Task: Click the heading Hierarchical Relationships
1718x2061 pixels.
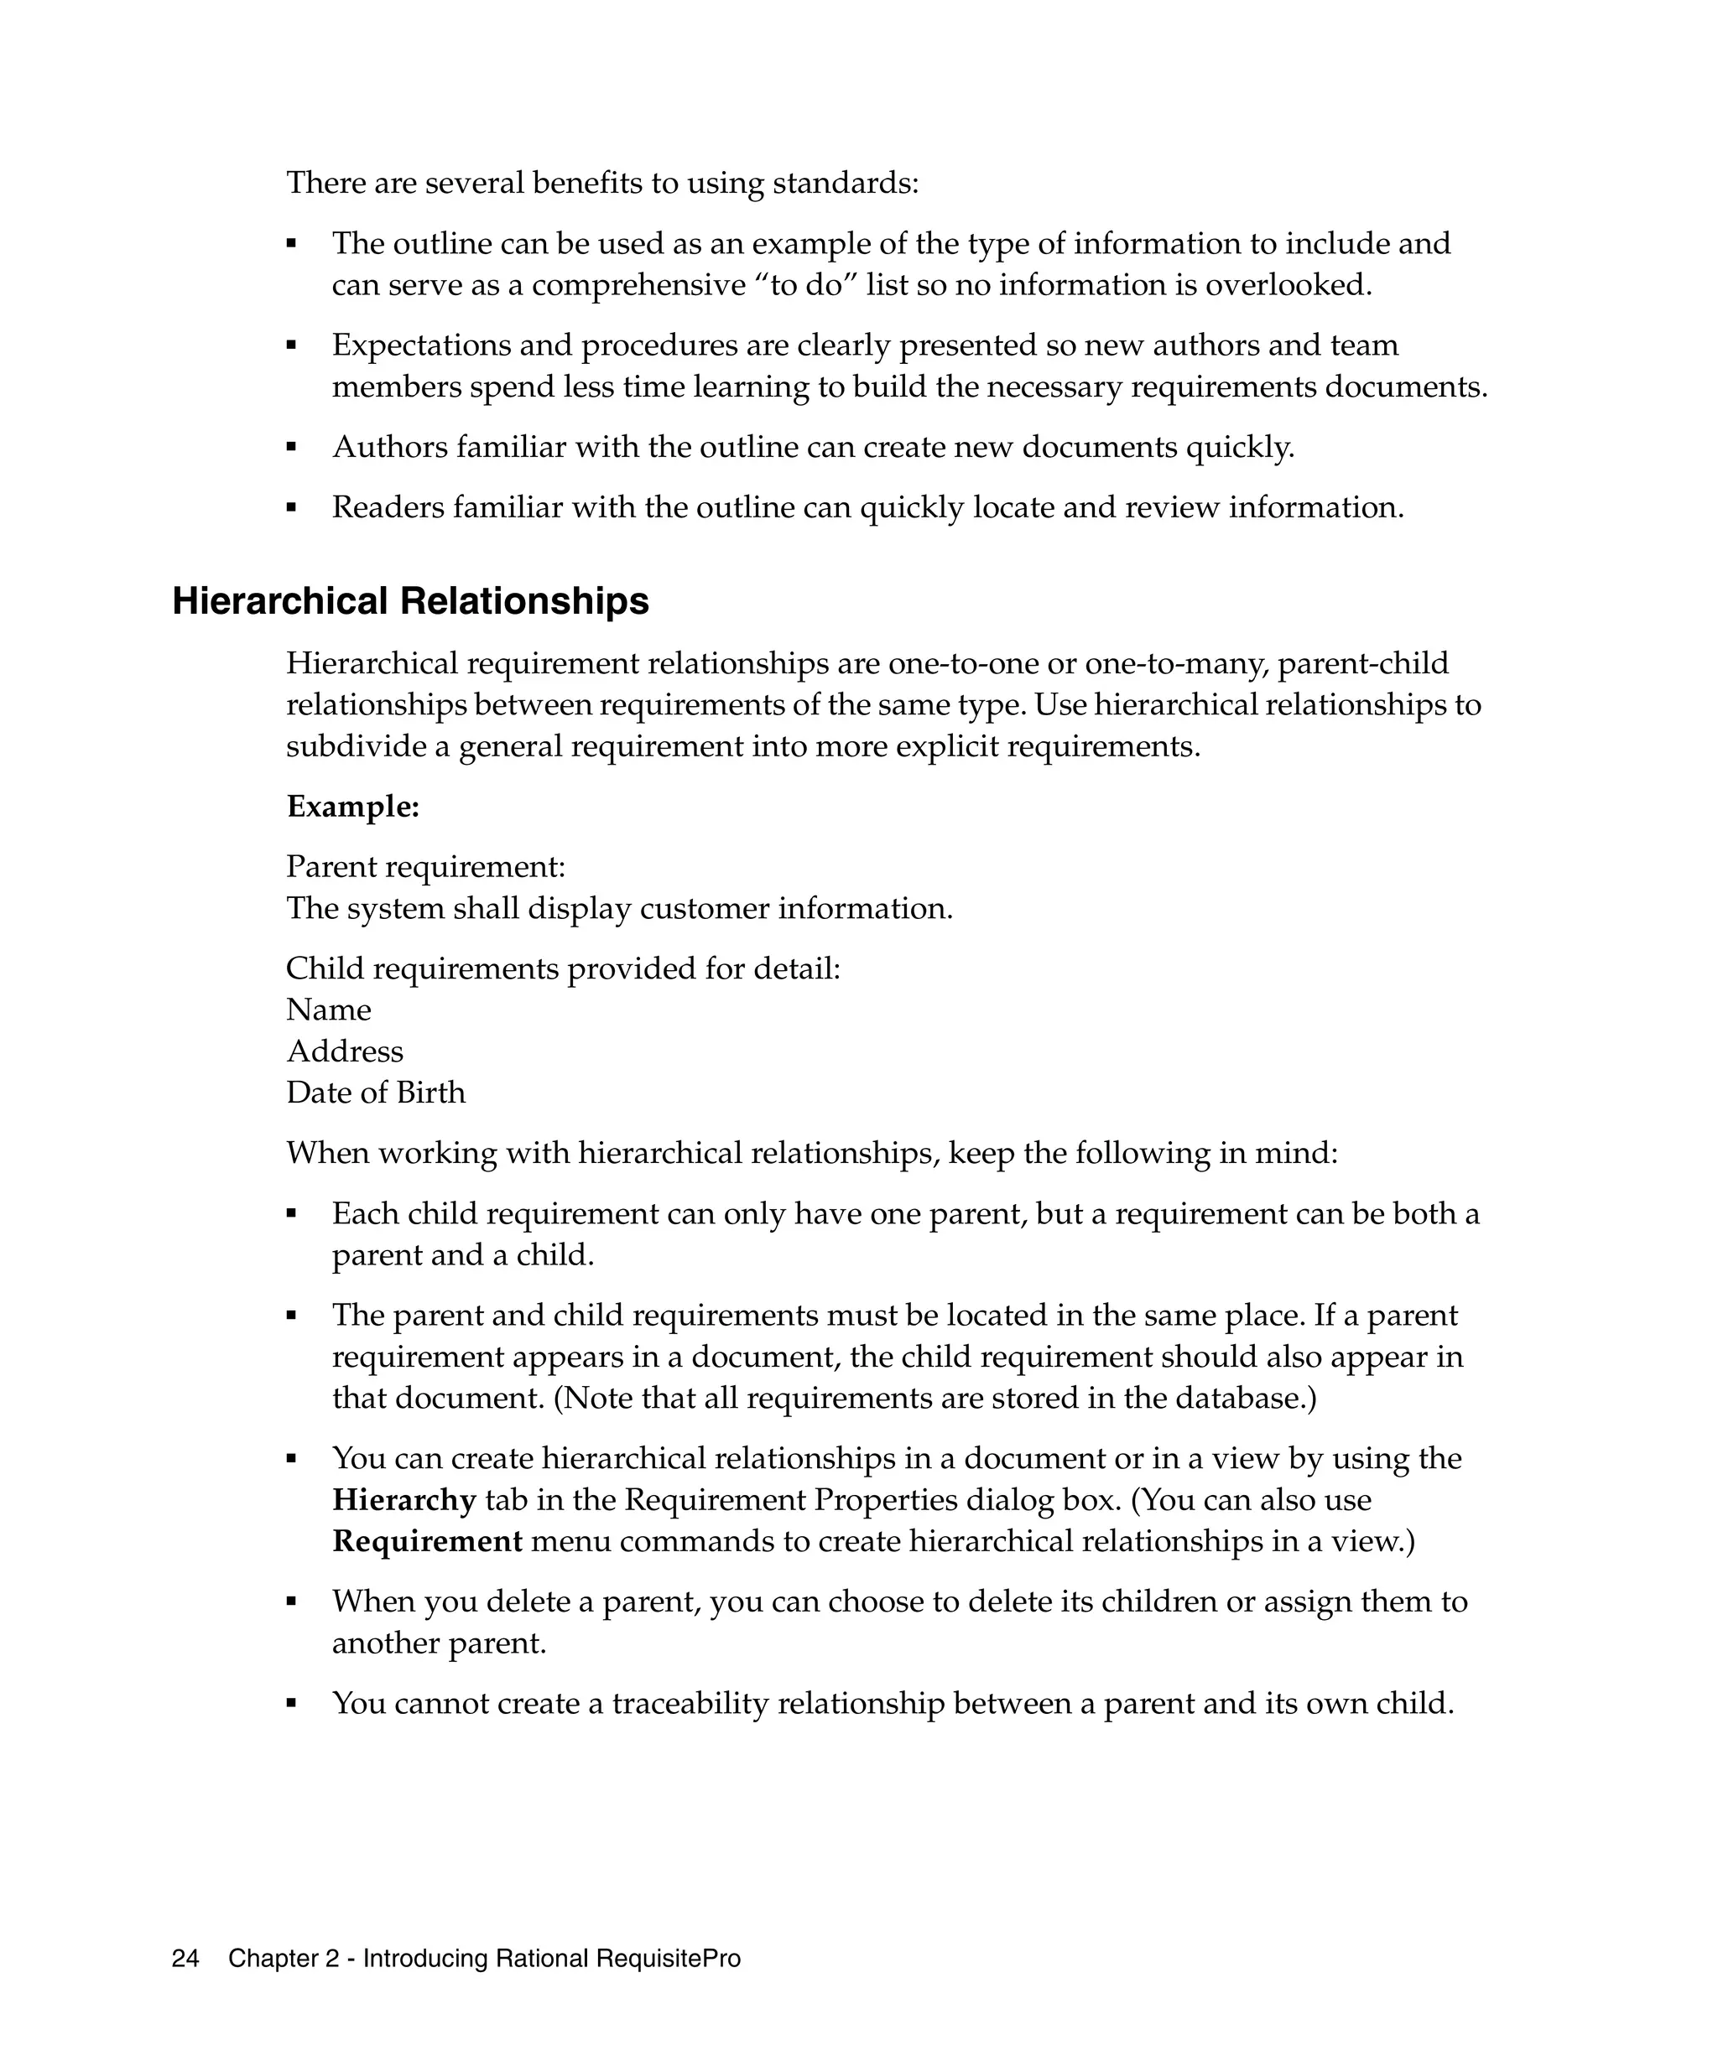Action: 410,602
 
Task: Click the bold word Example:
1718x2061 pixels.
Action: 352,807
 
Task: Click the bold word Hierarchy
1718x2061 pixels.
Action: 403,1501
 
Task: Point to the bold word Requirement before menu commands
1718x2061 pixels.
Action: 427,1542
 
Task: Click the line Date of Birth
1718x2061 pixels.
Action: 375,1093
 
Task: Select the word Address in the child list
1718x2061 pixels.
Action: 345,1051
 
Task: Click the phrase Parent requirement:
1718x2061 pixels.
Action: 425,867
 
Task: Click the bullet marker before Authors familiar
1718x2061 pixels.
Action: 292,448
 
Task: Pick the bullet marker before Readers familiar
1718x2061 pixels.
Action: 292,508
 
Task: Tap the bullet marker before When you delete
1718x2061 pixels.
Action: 292,1602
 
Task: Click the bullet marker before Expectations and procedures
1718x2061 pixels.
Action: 292,345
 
